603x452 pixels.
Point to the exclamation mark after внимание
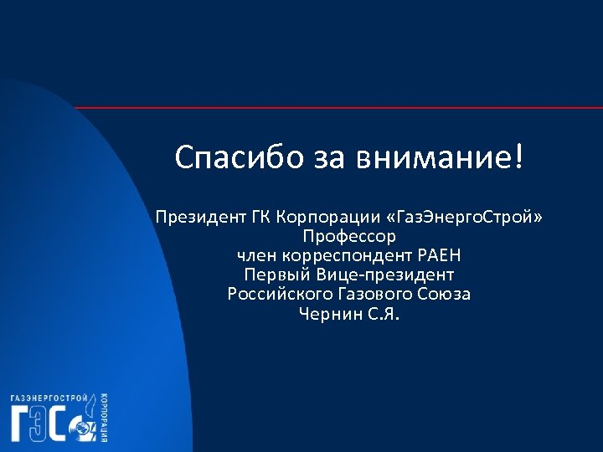523,157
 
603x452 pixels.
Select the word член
256,255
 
